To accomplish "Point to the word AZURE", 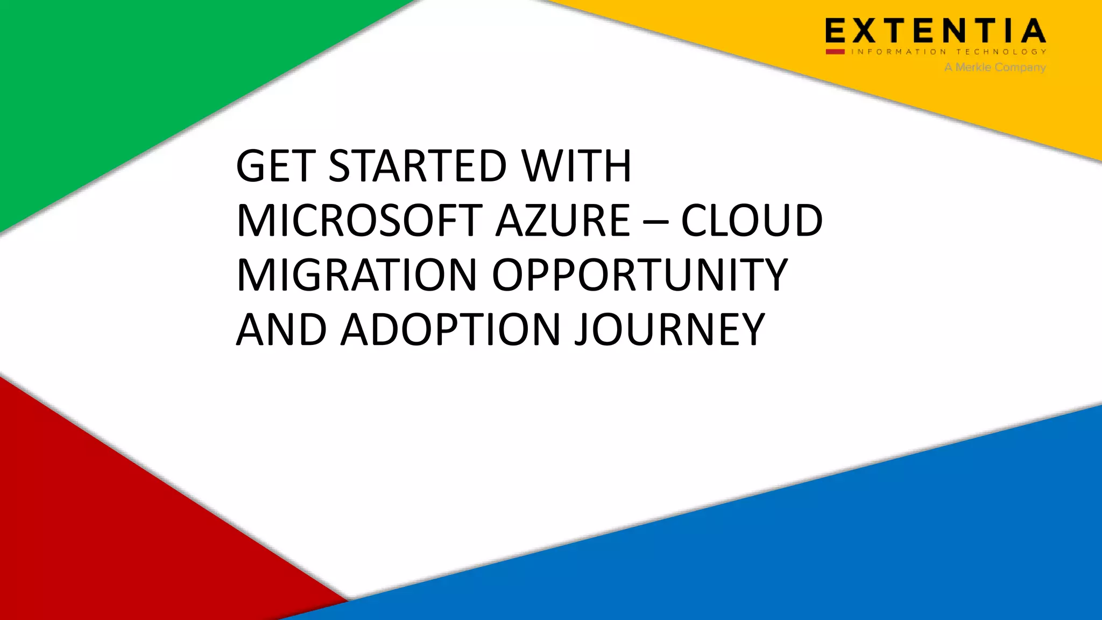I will (x=562, y=221).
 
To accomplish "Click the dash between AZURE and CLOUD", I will (x=655, y=222).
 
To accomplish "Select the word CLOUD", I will (x=752, y=221).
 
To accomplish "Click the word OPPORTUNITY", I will (x=640, y=276).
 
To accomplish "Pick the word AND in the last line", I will (x=281, y=330).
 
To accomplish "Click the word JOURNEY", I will (x=669, y=330).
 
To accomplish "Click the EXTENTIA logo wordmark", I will (x=936, y=31).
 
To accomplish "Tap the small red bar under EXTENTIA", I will (x=835, y=52).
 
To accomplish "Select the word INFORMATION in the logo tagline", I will (x=899, y=52).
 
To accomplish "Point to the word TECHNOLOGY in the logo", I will (x=1001, y=52).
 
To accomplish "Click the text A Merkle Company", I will (x=995, y=67).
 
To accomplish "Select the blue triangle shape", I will (x=807, y=538).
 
